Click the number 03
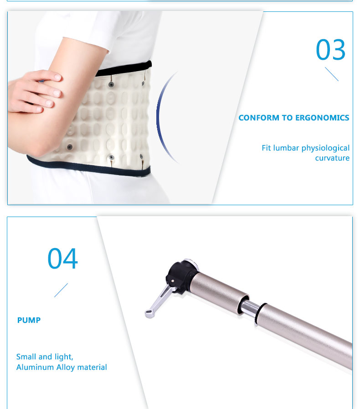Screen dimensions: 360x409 pyautogui.click(x=330, y=50)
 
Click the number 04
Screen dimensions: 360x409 pyautogui.click(x=62, y=259)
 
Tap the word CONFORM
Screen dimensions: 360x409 pyautogui.click(x=259, y=118)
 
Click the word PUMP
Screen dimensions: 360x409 pyautogui.click(x=29, y=320)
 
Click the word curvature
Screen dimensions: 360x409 pyautogui.click(x=332, y=158)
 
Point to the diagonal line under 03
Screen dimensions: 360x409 pyautogui.click(x=332, y=74)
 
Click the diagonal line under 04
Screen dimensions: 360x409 pyautogui.click(x=61, y=290)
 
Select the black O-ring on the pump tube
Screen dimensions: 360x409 pyautogui.click(x=260, y=314)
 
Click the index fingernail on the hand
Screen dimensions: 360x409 pyautogui.click(x=58, y=77)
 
